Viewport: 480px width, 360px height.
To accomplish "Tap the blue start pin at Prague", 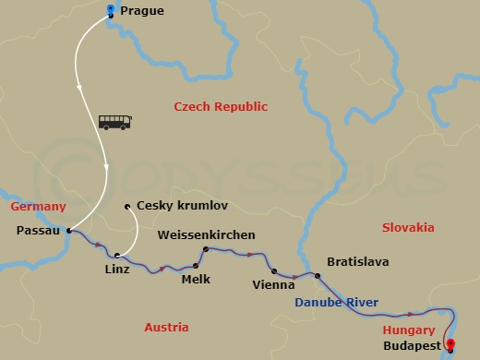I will point(111,11).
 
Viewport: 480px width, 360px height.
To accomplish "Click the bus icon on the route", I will point(114,122).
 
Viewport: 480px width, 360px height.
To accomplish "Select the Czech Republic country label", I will point(221,107).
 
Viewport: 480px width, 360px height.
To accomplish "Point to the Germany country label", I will point(38,207).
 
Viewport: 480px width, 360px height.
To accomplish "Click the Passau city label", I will point(38,231).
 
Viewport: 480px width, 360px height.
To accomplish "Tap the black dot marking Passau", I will point(69,231).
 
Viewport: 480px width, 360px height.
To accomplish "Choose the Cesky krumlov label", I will point(181,206).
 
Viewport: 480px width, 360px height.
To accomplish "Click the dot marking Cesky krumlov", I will point(126,206).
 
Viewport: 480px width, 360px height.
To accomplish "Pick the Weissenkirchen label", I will point(206,235).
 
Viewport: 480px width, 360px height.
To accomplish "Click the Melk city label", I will point(196,278).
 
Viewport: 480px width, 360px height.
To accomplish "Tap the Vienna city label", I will point(273,285).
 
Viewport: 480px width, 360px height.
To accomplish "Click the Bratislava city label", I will point(357,262).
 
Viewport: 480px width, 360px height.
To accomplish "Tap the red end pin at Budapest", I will point(450,345).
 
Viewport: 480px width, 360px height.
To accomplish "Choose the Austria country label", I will point(166,328).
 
